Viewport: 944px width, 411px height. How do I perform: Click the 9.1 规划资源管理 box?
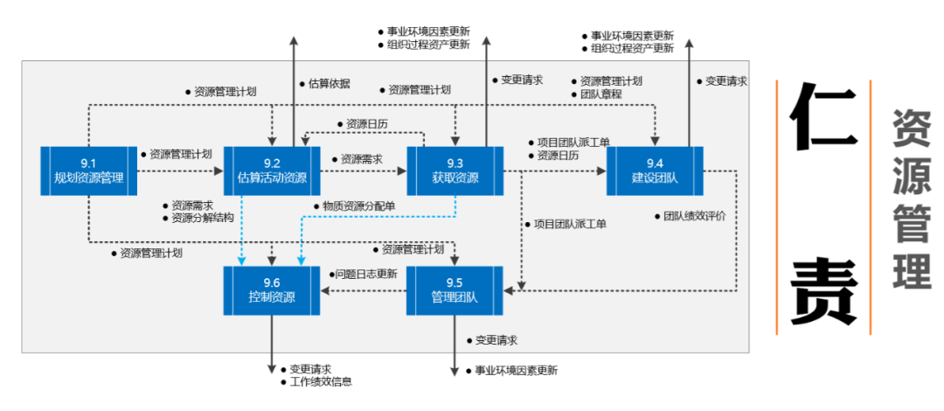point(88,171)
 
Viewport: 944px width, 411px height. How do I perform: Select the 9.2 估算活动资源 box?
point(272,171)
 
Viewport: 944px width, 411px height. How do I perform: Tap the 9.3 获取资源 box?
point(455,171)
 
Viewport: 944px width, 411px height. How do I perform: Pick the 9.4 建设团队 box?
point(655,171)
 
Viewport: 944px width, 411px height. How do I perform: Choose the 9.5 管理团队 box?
point(455,290)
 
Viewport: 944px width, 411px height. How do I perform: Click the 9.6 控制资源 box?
point(272,290)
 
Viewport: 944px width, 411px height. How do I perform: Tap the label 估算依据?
point(330,84)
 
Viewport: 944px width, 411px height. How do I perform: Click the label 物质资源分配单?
point(358,205)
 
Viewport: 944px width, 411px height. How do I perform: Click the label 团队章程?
point(601,94)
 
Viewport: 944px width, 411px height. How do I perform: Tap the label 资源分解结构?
point(203,218)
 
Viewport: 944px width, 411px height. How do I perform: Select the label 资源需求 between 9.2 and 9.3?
point(361,159)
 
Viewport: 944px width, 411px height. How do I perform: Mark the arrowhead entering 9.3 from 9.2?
point(404,171)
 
